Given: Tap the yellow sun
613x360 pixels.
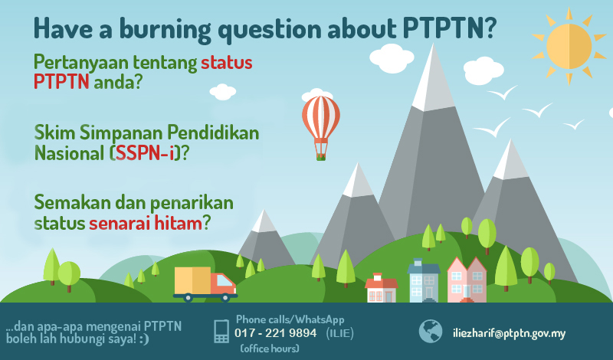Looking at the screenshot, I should point(569,46).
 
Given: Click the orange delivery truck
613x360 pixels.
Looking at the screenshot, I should point(205,283).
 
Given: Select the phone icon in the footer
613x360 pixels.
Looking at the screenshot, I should point(221,331).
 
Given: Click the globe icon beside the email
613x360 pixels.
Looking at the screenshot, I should point(431,331).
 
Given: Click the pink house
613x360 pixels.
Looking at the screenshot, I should point(467,281).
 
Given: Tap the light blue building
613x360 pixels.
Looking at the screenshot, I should point(424,283).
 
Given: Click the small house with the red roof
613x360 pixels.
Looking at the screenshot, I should point(381,289).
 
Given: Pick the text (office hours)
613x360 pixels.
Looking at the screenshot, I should point(269,349).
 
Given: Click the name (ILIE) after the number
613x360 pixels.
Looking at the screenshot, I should point(340,332).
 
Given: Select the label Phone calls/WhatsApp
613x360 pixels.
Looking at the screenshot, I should point(290,319).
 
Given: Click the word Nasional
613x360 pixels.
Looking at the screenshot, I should point(68,153).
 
